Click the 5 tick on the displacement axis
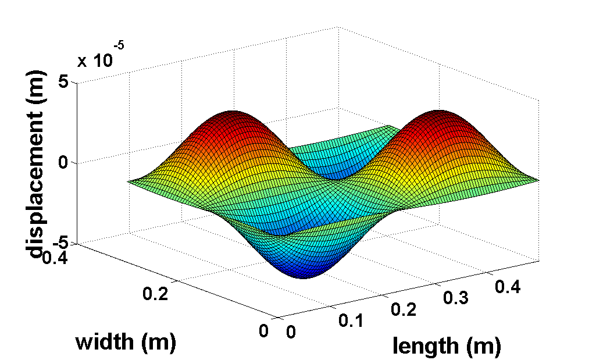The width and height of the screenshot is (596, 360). coord(64,82)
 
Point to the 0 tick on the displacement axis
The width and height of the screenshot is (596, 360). coord(64,163)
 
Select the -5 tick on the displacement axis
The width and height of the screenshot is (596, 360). coord(59,243)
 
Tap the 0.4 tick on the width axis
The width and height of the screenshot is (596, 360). coord(55,256)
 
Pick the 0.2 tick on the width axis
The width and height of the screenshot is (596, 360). coord(156,294)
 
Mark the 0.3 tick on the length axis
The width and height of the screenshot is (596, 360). coord(455,297)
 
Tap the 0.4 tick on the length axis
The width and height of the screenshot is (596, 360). coord(507,286)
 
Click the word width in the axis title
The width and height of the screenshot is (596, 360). coord(106,342)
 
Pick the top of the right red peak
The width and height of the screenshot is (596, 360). coord(440,111)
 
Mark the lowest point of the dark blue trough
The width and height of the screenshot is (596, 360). coord(302,277)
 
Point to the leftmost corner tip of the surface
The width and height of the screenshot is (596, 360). coord(127,181)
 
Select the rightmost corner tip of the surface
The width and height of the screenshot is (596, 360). coord(540,180)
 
